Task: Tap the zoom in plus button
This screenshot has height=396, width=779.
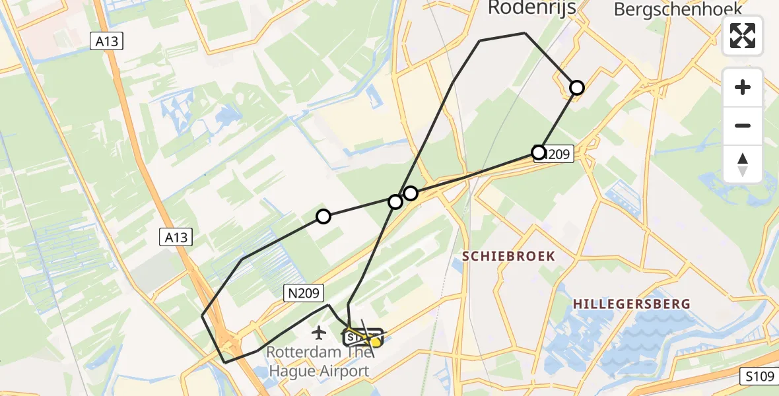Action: tap(743, 87)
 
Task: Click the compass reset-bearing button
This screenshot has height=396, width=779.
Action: tap(743, 164)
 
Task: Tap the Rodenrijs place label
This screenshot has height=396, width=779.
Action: tap(531, 8)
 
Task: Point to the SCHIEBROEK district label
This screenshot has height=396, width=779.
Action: tap(508, 256)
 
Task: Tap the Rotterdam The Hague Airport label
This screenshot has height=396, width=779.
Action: tap(318, 362)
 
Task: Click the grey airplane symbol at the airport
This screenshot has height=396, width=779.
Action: tap(320, 332)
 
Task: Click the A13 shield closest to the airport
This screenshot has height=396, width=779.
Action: tap(176, 238)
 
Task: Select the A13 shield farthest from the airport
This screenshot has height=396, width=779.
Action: tap(106, 42)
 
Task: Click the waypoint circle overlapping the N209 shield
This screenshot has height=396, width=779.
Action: tap(539, 153)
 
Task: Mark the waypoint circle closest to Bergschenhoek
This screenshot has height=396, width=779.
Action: tap(577, 87)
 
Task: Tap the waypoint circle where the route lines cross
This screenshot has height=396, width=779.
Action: tap(395, 201)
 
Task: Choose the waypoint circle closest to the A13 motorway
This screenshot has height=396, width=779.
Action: tap(323, 216)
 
